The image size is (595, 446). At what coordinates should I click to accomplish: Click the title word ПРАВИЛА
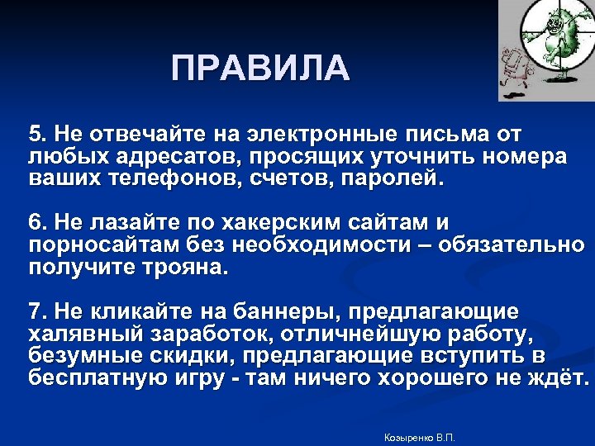(261, 68)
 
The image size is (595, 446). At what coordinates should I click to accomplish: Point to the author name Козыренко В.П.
(421, 436)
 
